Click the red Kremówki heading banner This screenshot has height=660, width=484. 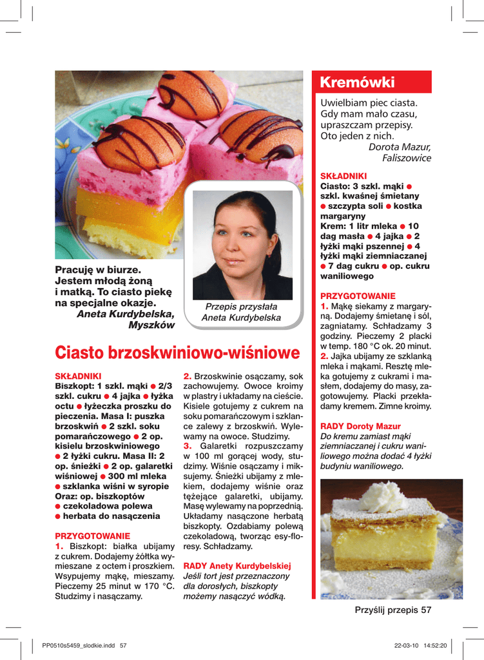pyautogui.click(x=371, y=82)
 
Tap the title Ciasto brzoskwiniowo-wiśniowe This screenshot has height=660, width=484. pyautogui.click(x=177, y=353)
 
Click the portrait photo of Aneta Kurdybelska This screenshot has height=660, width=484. pyautogui.click(x=243, y=245)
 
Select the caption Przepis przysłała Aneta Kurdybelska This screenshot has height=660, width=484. pyautogui.click(x=241, y=313)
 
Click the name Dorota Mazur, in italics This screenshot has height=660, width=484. pyautogui.click(x=399, y=147)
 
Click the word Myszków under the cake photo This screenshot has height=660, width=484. pyautogui.click(x=151, y=324)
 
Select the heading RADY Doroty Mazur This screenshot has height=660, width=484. pyautogui.click(x=360, y=427)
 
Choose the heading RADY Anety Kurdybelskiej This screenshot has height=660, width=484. pyautogui.click(x=237, y=565)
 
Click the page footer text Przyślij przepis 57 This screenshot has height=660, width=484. pyautogui.click(x=392, y=610)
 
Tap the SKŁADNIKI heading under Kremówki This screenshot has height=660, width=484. pyautogui.click(x=344, y=176)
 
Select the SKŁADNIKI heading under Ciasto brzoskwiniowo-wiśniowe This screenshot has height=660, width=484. pyautogui.click(x=78, y=375)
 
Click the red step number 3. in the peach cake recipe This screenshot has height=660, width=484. pyautogui.click(x=188, y=445)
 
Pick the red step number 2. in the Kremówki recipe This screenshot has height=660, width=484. pyautogui.click(x=324, y=356)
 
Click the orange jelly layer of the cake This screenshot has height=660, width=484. pyautogui.click(x=129, y=206)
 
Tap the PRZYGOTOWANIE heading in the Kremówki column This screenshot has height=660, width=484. pyautogui.click(x=358, y=296)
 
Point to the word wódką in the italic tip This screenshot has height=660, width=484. pyautogui.click(x=271, y=596)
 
